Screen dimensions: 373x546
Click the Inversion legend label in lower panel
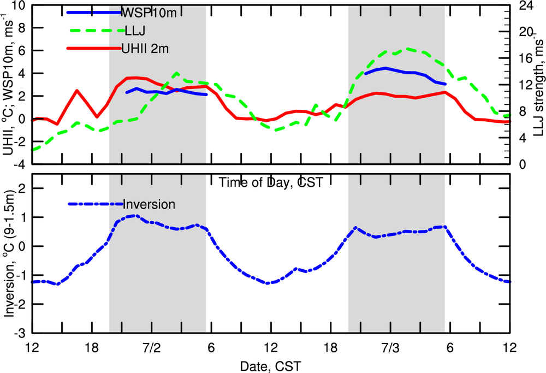[149, 204]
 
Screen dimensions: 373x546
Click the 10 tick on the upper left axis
[20, 5]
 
